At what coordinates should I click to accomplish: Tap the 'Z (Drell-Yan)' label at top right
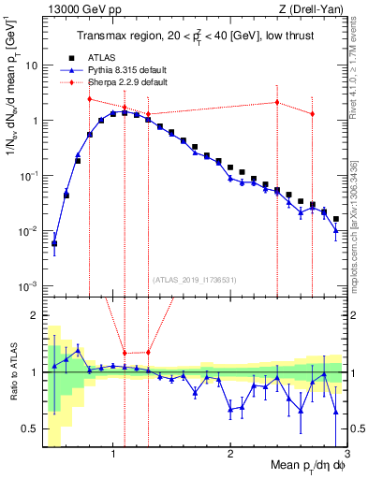tap(315, 8)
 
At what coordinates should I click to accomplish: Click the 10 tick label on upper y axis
tap(32, 66)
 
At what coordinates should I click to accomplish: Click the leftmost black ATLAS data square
tap(54, 244)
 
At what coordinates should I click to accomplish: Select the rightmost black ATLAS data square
tap(336, 219)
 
